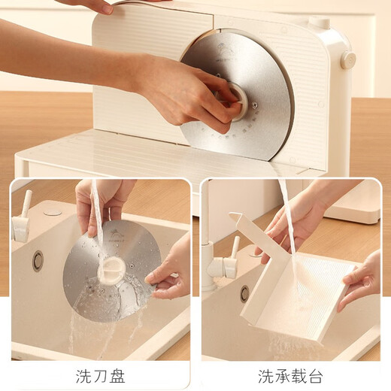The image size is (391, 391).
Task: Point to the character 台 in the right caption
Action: (315, 374)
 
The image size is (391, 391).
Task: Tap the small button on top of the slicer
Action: (320, 23)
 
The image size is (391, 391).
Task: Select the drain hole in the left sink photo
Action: (38, 260)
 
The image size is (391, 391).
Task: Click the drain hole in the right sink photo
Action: (244, 293)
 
